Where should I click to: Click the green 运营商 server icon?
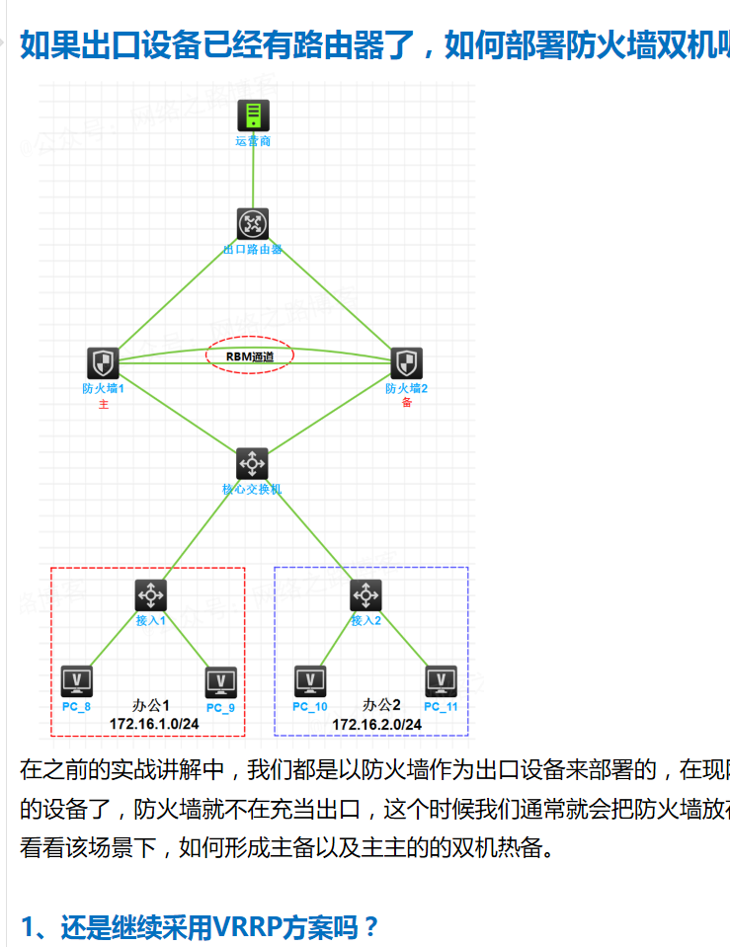click(253, 117)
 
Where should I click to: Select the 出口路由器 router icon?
click(253, 224)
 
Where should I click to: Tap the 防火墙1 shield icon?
click(103, 363)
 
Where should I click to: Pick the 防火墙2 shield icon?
click(406, 363)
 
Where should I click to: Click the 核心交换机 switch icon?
click(252, 463)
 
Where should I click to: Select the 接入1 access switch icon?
click(150, 594)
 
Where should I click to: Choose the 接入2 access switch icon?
click(365, 594)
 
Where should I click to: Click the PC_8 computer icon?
click(76, 680)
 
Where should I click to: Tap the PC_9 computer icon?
click(220, 682)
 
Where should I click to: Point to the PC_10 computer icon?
click(310, 680)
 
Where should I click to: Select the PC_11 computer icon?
click(441, 680)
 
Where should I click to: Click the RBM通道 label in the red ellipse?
click(250, 356)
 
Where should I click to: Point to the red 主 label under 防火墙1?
click(103, 404)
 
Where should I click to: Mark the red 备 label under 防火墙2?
click(406, 404)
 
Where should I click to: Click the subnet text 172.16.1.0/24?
click(154, 724)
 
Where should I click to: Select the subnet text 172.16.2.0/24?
click(376, 724)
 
